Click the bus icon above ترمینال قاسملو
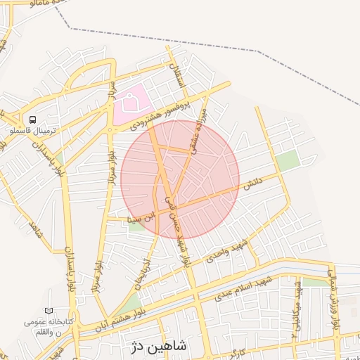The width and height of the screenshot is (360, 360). point(32,120)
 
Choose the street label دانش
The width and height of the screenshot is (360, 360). point(252,184)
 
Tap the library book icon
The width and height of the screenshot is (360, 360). point(49,310)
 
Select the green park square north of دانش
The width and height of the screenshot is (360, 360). point(287,161)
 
